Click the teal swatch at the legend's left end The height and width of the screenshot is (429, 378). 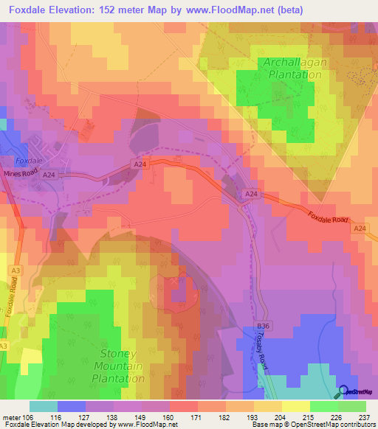(x=43, y=406)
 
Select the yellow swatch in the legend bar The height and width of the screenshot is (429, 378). (x=295, y=406)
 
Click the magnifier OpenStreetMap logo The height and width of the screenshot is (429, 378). (x=344, y=391)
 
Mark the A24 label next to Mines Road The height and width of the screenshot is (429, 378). (x=49, y=175)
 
